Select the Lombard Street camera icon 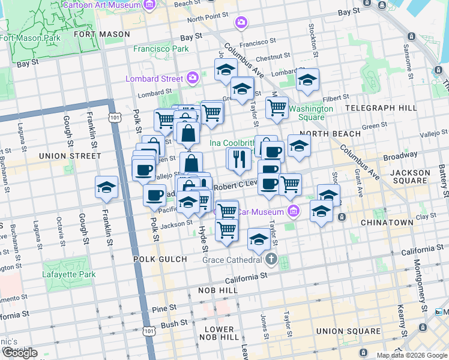(x=193, y=77)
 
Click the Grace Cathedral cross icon (x=271, y=260)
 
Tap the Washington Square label (x=311, y=113)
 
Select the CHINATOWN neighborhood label (x=387, y=223)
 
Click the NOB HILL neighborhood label (x=218, y=290)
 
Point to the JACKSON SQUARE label (x=410, y=178)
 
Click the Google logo (x=20, y=353)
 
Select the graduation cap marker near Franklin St (x=106, y=187)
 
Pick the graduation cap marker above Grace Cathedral (x=259, y=239)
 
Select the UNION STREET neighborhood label (x=70, y=156)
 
